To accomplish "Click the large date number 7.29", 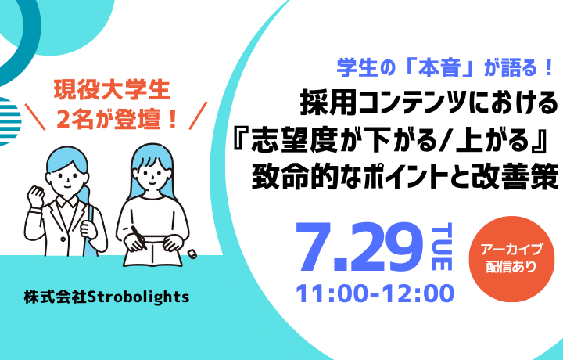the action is [x=358, y=247].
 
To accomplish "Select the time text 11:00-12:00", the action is [x=375, y=293].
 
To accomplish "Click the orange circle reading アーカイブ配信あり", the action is [x=511, y=259].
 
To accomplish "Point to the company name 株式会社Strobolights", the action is [x=106, y=297].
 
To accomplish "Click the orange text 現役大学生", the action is [x=112, y=91].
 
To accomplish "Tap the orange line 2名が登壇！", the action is [x=117, y=120].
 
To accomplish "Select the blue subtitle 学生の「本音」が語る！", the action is [x=444, y=67].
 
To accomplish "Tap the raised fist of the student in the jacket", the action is [x=35, y=196].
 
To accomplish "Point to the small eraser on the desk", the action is [x=192, y=254].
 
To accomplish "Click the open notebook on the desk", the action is [x=154, y=252].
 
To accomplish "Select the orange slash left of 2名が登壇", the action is [x=35, y=117].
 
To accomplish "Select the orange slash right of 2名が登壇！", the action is [x=198, y=116].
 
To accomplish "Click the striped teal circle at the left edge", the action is [x=9, y=121].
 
